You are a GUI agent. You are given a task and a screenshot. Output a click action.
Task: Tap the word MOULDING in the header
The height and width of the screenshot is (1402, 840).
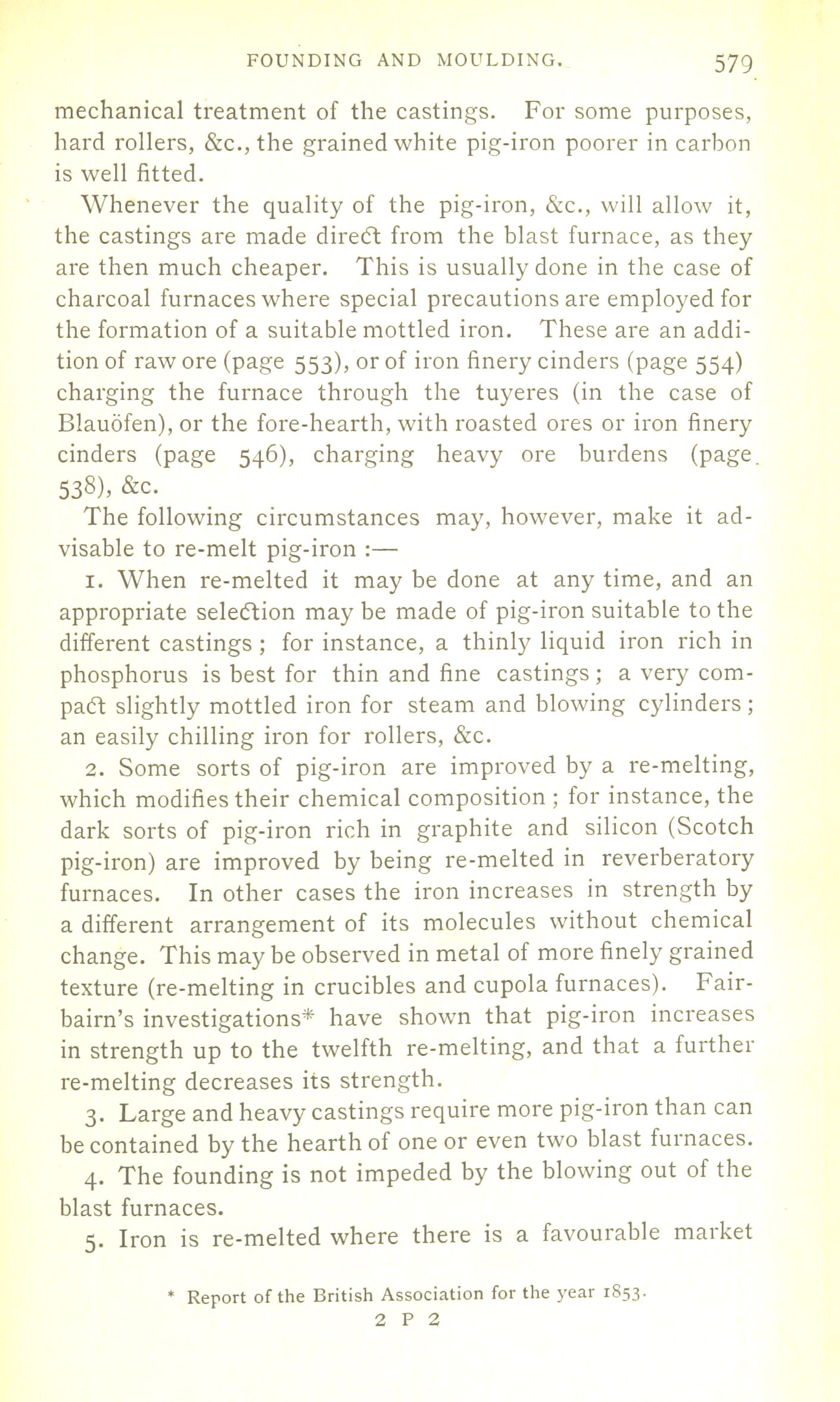point(498,60)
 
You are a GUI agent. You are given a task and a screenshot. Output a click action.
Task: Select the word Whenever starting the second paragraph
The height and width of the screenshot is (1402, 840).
point(141,205)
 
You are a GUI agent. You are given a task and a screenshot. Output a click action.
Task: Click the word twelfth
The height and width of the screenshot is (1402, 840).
point(352,1047)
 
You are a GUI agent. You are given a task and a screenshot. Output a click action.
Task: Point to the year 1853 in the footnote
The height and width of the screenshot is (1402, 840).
point(621,1295)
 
